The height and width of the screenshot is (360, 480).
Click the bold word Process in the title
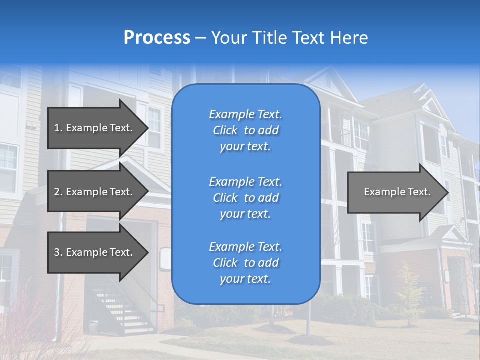[157, 37]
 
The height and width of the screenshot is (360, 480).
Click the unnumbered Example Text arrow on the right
[397, 192]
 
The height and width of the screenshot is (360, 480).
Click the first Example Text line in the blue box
[245, 114]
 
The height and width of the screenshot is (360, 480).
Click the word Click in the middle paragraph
[225, 198]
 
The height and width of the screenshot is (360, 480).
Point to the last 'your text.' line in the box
[245, 279]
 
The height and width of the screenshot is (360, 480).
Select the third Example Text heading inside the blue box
[245, 247]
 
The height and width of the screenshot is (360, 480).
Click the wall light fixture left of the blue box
[165, 259]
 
